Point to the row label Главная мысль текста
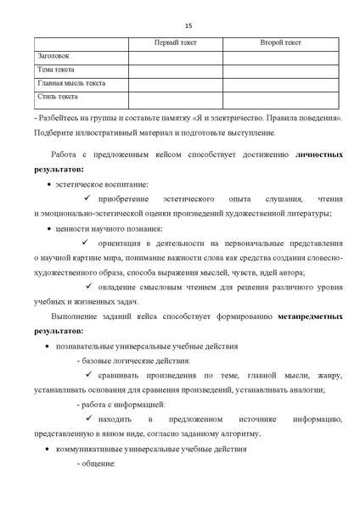[72, 83]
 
